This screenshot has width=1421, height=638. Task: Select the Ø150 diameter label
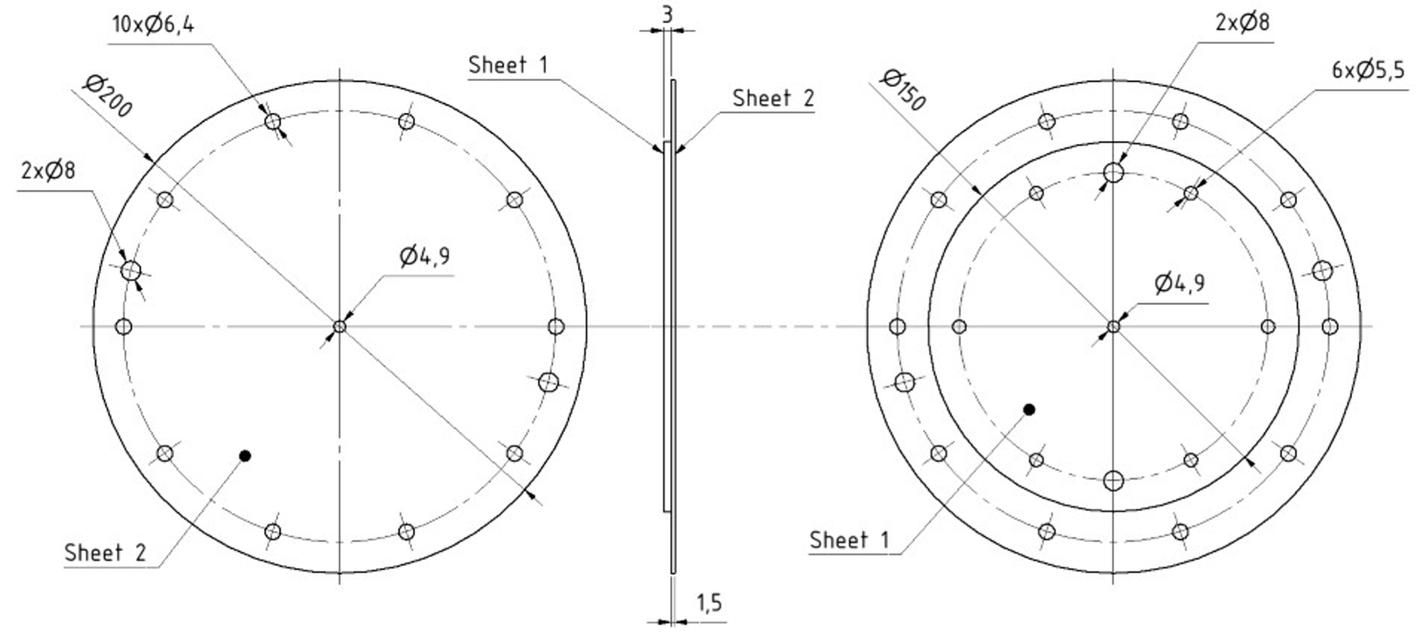(x=903, y=90)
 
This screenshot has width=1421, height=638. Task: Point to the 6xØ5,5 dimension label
(x=1368, y=71)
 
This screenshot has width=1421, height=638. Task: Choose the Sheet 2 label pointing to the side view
(x=773, y=98)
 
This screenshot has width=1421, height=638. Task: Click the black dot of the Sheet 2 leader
(x=246, y=456)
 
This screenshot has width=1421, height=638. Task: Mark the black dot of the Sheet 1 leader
(x=1029, y=410)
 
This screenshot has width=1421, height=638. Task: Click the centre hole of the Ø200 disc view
(x=340, y=326)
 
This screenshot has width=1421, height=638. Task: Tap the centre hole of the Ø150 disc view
(x=1114, y=326)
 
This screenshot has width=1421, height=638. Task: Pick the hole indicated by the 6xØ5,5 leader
(x=1191, y=193)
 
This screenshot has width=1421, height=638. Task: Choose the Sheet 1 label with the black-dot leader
(x=849, y=540)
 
